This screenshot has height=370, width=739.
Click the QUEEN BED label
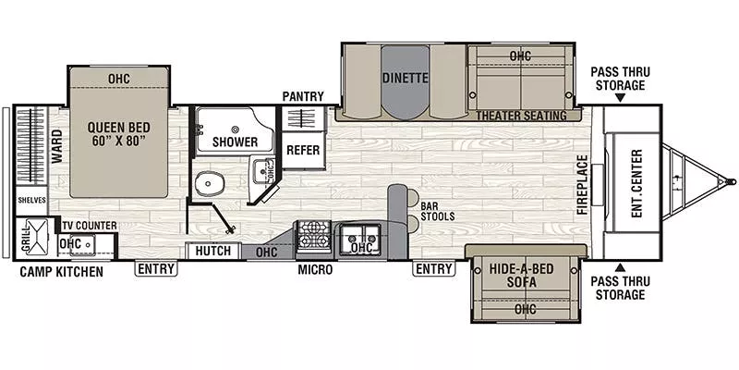coord(120,135)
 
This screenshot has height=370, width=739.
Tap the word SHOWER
coord(234,142)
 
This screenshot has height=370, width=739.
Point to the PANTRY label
coord(302,96)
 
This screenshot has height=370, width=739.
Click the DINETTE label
coord(405,79)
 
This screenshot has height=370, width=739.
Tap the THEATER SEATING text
coord(521,115)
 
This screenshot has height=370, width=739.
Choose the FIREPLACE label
coord(583,183)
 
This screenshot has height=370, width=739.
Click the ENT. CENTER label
coord(636,183)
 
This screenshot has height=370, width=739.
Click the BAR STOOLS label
coord(436,212)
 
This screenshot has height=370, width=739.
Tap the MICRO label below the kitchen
coord(314,271)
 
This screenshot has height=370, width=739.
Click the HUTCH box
coord(213,251)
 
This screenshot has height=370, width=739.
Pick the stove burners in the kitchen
coord(313,237)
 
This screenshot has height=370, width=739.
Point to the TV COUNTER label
coord(89,225)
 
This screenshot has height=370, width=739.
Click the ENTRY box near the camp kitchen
coord(156,269)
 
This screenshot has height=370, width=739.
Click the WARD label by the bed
coord(56,148)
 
